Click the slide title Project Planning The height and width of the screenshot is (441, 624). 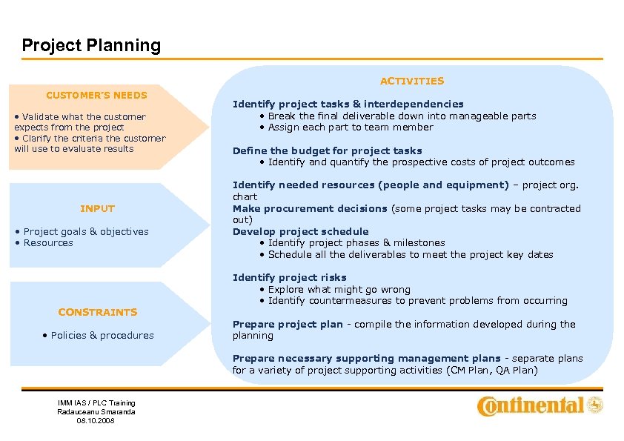click(91, 45)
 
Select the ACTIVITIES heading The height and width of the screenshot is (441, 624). click(412, 81)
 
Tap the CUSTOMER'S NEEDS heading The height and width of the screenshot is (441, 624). click(96, 95)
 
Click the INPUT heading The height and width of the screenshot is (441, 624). click(97, 208)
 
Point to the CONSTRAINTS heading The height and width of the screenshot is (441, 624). click(98, 312)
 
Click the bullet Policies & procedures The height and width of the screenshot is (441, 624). click(99, 335)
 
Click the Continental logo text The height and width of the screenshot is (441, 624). click(530, 405)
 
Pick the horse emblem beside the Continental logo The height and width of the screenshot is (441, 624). click(595, 405)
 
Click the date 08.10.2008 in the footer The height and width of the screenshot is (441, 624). click(96, 420)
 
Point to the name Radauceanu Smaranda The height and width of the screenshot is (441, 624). click(96, 411)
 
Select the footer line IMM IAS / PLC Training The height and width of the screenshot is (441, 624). click(96, 402)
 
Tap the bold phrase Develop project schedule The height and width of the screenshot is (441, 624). click(300, 231)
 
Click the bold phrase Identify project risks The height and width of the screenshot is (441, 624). click(289, 277)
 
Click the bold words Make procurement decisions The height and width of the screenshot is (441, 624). click(310, 208)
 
